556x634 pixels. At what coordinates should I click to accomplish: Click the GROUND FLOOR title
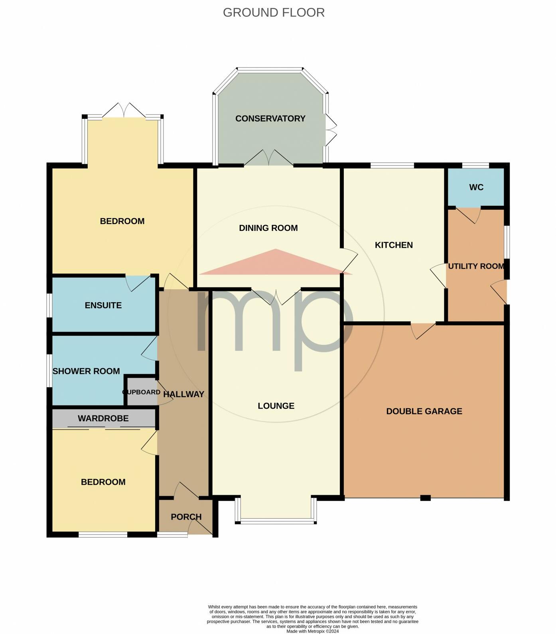click(x=274, y=12)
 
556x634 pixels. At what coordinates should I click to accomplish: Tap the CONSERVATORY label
click(x=270, y=118)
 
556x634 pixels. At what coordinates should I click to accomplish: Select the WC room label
click(x=476, y=187)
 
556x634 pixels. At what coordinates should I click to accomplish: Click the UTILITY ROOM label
click(x=476, y=266)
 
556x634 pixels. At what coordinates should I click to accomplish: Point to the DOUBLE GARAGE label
click(x=424, y=411)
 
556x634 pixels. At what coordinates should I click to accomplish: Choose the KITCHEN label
click(x=394, y=245)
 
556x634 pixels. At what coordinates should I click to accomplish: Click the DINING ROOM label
click(x=268, y=228)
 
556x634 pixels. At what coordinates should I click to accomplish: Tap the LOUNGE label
click(x=276, y=406)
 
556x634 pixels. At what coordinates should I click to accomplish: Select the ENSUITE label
click(x=103, y=305)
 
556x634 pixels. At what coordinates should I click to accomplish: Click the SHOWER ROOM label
click(x=86, y=371)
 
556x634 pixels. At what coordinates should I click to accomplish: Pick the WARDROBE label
click(x=103, y=418)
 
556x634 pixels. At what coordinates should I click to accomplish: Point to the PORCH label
click(x=186, y=517)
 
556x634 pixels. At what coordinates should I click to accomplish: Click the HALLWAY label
click(x=184, y=394)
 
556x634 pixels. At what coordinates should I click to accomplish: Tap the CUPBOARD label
click(x=141, y=392)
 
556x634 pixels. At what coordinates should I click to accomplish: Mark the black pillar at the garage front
click(x=426, y=498)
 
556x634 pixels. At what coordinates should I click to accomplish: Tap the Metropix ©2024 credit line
click(x=312, y=631)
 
